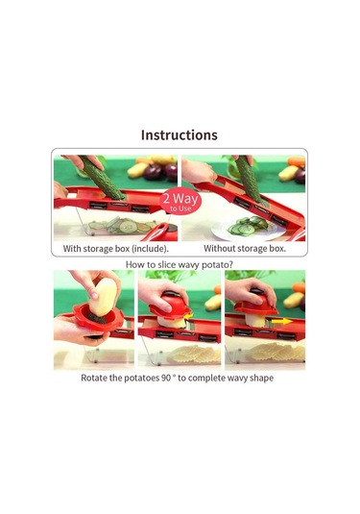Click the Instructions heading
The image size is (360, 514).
tap(180, 135)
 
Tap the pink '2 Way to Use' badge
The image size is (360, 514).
tap(180, 201)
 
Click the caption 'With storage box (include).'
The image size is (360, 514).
tap(115, 249)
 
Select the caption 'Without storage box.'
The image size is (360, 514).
tap(245, 249)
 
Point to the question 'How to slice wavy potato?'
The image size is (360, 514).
tap(180, 264)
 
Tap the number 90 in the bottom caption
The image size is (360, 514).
tap(166, 378)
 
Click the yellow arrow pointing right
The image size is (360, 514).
tap(282, 321)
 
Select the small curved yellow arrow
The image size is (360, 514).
tap(188, 316)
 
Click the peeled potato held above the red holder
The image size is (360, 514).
tap(103, 297)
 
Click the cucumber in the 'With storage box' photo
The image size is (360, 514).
tap(103, 178)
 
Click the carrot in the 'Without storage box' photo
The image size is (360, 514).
tap(296, 161)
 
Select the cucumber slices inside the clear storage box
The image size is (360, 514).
tap(122, 225)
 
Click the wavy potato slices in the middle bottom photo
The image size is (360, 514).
tap(193, 354)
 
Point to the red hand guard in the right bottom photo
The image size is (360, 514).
tap(255, 304)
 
